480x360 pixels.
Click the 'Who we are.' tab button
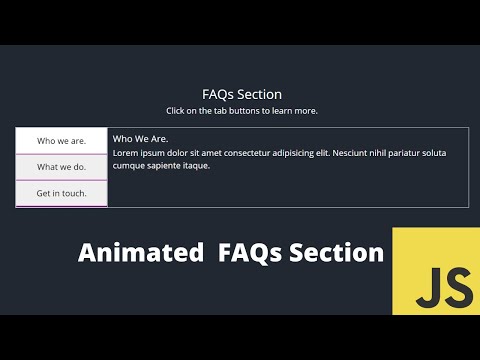tap(61, 140)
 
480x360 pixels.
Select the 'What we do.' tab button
tap(61, 167)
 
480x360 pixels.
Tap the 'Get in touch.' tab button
tap(61, 193)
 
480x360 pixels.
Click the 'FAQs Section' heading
tap(241, 94)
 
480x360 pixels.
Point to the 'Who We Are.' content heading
tap(140, 139)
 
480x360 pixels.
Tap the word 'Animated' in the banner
tap(139, 253)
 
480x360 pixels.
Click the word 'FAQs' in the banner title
tap(250, 253)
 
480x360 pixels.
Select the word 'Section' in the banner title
tap(336, 253)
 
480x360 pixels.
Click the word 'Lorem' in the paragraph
tap(125, 153)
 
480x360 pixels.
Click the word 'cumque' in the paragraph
tap(129, 166)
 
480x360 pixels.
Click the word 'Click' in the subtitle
tap(176, 111)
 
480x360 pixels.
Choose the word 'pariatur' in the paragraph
tap(425, 153)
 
